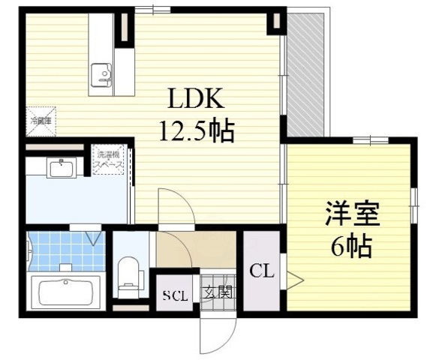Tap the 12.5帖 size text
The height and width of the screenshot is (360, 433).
pyautogui.click(x=196, y=132)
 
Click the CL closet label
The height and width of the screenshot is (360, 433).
pyautogui.click(x=261, y=270)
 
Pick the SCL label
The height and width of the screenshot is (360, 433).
pyautogui.click(x=175, y=293)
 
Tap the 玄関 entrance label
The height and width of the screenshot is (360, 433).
pyautogui.click(x=218, y=292)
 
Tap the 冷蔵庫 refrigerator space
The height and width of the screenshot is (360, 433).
pyautogui.click(x=41, y=121)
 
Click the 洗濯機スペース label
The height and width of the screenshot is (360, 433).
pyautogui.click(x=108, y=162)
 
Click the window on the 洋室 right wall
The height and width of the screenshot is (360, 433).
pyautogui.click(x=413, y=203)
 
